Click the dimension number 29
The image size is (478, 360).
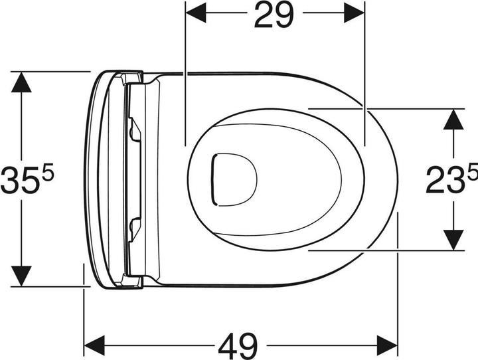pyautogui.click(x=274, y=16)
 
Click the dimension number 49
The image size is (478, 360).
pyautogui.click(x=238, y=344)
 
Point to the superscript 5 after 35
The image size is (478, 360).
pyautogui.click(x=50, y=172)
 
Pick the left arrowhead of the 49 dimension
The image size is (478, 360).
pyautogui.click(x=95, y=345)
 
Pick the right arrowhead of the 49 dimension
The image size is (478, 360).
pyautogui.click(x=386, y=345)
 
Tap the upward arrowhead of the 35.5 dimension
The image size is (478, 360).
pyautogui.click(x=22, y=82)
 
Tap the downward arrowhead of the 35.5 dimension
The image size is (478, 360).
pyautogui.click(x=22, y=275)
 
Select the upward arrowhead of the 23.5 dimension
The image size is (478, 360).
pyautogui.click(x=453, y=118)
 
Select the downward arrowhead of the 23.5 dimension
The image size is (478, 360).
pyautogui.click(x=453, y=240)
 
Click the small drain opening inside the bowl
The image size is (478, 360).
pyautogui.click(x=232, y=179)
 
